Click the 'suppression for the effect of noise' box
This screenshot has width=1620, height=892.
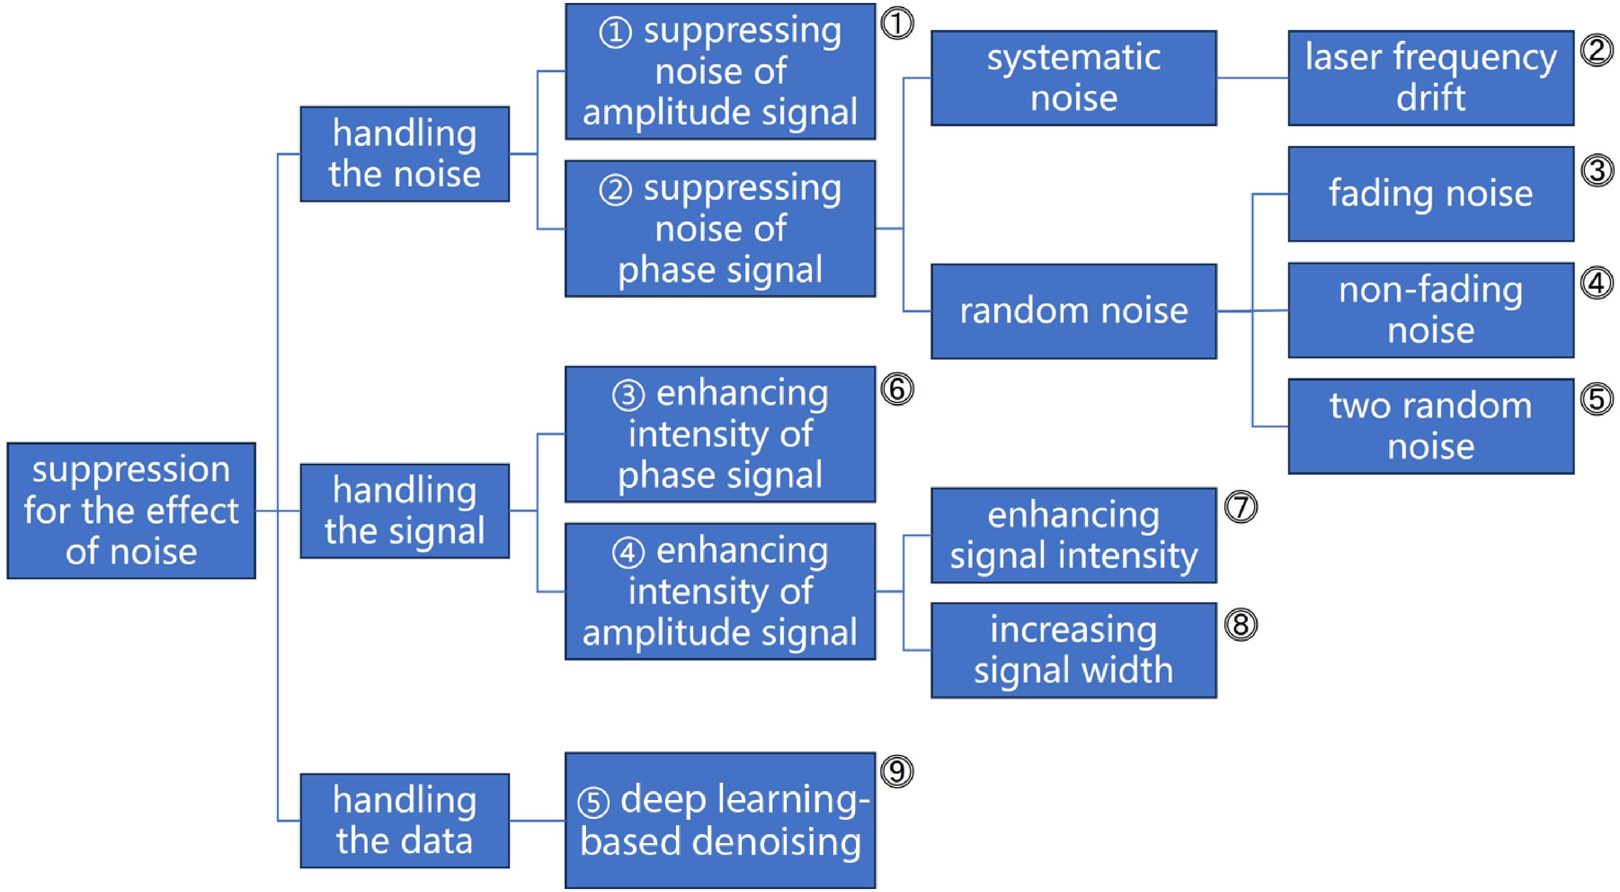pos(131,510)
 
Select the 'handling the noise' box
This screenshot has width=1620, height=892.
pos(405,153)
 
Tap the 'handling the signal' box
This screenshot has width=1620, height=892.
pos(405,510)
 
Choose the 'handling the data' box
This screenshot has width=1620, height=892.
pos(405,820)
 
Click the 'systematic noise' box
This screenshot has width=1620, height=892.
pos(1074,78)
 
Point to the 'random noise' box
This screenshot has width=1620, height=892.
pos(1074,311)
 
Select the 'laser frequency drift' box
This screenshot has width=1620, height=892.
pos(1431,78)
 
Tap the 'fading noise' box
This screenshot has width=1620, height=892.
pos(1431,194)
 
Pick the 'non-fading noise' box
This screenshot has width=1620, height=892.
pos(1431,311)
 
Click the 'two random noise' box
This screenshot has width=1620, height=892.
pos(1431,426)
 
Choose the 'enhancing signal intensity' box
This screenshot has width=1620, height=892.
pos(1074,535)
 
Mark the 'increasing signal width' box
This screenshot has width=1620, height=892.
pos(1074,651)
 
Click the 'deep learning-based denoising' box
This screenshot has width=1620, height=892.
pos(720,820)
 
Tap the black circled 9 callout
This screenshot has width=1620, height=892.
pos(897,771)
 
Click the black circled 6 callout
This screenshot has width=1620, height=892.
pos(897,389)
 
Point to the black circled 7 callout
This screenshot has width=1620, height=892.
pos(1241,507)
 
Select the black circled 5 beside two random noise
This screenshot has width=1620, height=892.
pos(1597,399)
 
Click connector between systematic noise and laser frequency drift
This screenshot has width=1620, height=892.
pos(1252,78)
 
